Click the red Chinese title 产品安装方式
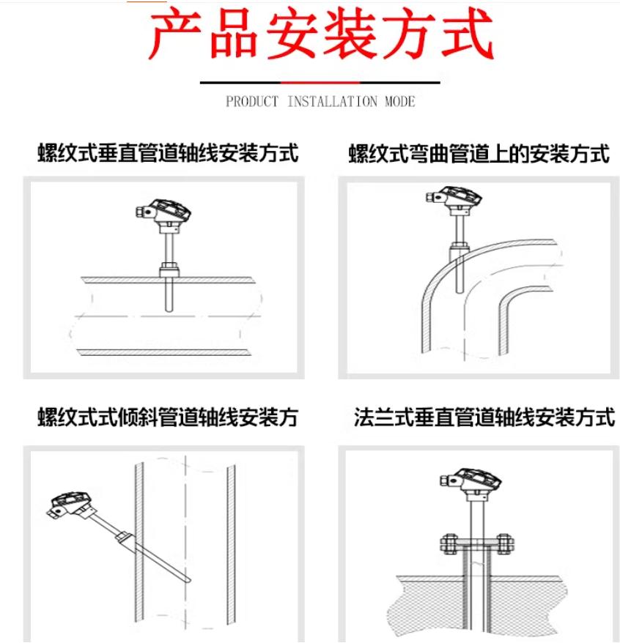(x=320, y=34)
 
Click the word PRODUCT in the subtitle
(x=252, y=101)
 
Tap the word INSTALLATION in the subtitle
(x=332, y=101)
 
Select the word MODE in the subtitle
(x=399, y=101)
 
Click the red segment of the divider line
(x=320, y=83)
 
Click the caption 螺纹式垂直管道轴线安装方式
(x=168, y=153)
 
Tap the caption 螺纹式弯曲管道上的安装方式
(x=479, y=154)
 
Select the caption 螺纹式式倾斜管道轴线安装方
(x=168, y=417)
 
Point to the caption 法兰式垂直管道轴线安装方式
(x=484, y=417)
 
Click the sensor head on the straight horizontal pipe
(x=163, y=212)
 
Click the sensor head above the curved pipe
(x=454, y=199)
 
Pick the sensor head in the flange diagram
(x=470, y=481)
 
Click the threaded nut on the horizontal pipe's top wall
(x=169, y=270)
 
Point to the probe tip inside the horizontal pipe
(x=169, y=310)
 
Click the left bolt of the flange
(x=449, y=545)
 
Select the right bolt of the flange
(x=504, y=545)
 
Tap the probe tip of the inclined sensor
(x=189, y=580)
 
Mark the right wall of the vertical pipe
(x=231, y=545)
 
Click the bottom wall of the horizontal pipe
(x=164, y=352)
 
